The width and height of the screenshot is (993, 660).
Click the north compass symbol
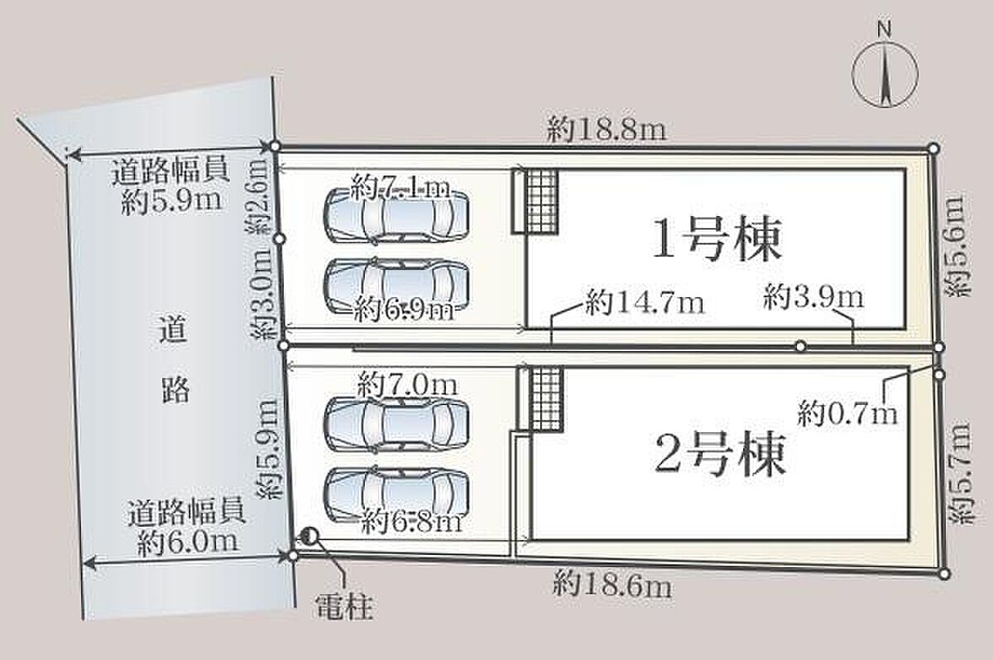click(x=885, y=75)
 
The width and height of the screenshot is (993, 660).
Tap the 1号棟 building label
click(x=716, y=241)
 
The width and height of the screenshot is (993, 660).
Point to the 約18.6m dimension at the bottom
click(x=612, y=587)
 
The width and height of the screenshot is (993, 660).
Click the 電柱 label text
click(x=344, y=609)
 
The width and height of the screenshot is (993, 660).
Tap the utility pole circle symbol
click(x=308, y=537)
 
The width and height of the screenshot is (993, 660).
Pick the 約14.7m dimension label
click(x=645, y=304)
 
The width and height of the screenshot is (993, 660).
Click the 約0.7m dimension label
click(x=848, y=411)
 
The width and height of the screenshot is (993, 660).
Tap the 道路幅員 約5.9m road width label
click(x=170, y=186)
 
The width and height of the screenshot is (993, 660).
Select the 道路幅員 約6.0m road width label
click(x=186, y=527)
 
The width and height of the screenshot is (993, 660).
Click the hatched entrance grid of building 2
click(x=545, y=399)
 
